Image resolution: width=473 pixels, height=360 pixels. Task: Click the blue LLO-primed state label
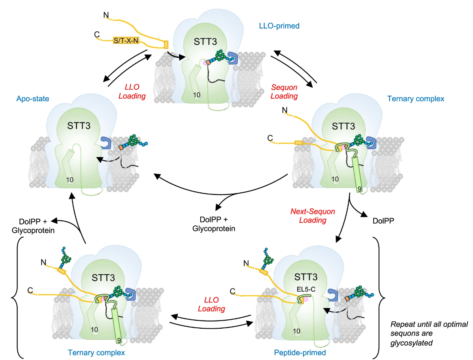click(279, 26)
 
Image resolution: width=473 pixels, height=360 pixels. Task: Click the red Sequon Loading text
click(284, 92)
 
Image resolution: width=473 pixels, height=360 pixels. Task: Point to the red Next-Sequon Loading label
click(313, 216)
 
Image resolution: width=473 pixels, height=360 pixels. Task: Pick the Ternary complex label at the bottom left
click(96, 352)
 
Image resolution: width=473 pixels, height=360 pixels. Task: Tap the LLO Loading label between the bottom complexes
click(211, 304)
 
